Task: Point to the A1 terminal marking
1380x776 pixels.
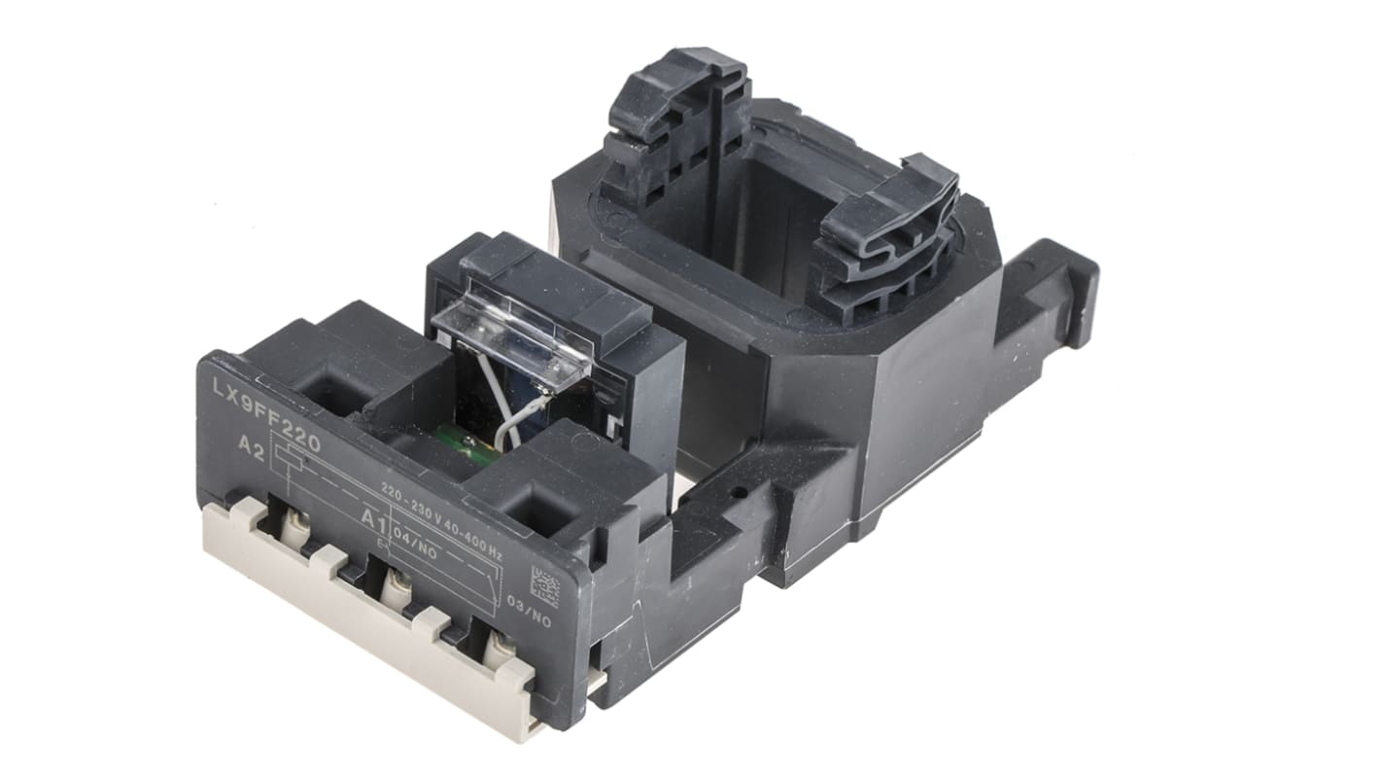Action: coord(374,518)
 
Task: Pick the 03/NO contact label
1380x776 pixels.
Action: coord(529,619)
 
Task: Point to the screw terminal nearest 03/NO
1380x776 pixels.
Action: coord(500,646)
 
